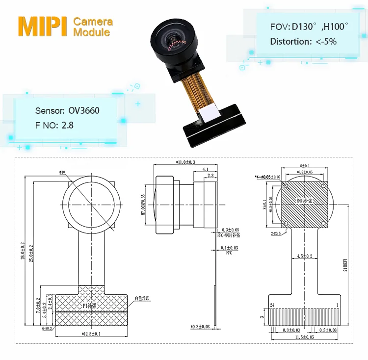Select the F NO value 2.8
click(67, 125)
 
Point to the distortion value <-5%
click(326, 42)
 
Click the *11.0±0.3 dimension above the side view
click(185, 162)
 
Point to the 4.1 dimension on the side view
click(205, 170)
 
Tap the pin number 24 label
click(271, 305)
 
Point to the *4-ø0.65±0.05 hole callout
click(268, 177)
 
